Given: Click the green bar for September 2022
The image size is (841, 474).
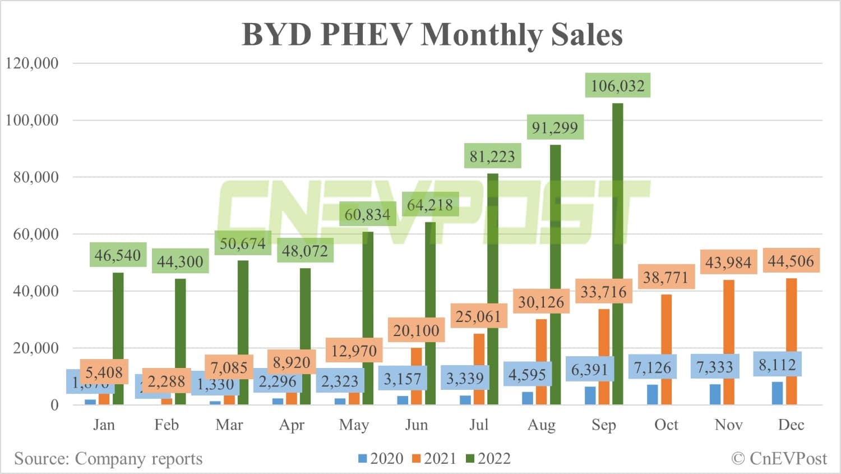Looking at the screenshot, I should (617, 252).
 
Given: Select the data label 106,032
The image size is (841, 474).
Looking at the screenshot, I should (617, 86).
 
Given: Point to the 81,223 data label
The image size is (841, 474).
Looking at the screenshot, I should (492, 157).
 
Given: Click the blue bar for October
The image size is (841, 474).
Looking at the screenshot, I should (653, 394).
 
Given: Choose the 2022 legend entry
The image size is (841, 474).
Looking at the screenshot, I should (488, 459).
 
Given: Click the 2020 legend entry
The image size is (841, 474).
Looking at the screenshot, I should (381, 459).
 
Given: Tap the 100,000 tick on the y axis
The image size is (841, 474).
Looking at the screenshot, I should (32, 120).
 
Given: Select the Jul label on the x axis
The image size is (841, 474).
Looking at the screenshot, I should (479, 425).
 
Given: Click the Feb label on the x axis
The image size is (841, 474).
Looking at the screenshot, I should (167, 425).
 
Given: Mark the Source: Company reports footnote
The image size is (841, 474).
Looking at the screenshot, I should (108, 459).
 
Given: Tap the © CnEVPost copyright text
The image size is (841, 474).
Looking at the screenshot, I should (779, 459).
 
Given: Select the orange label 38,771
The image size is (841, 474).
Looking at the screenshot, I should (666, 277).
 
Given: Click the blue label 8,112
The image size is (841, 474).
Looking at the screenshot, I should (777, 365).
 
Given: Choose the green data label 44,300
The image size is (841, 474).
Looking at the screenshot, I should (180, 261).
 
